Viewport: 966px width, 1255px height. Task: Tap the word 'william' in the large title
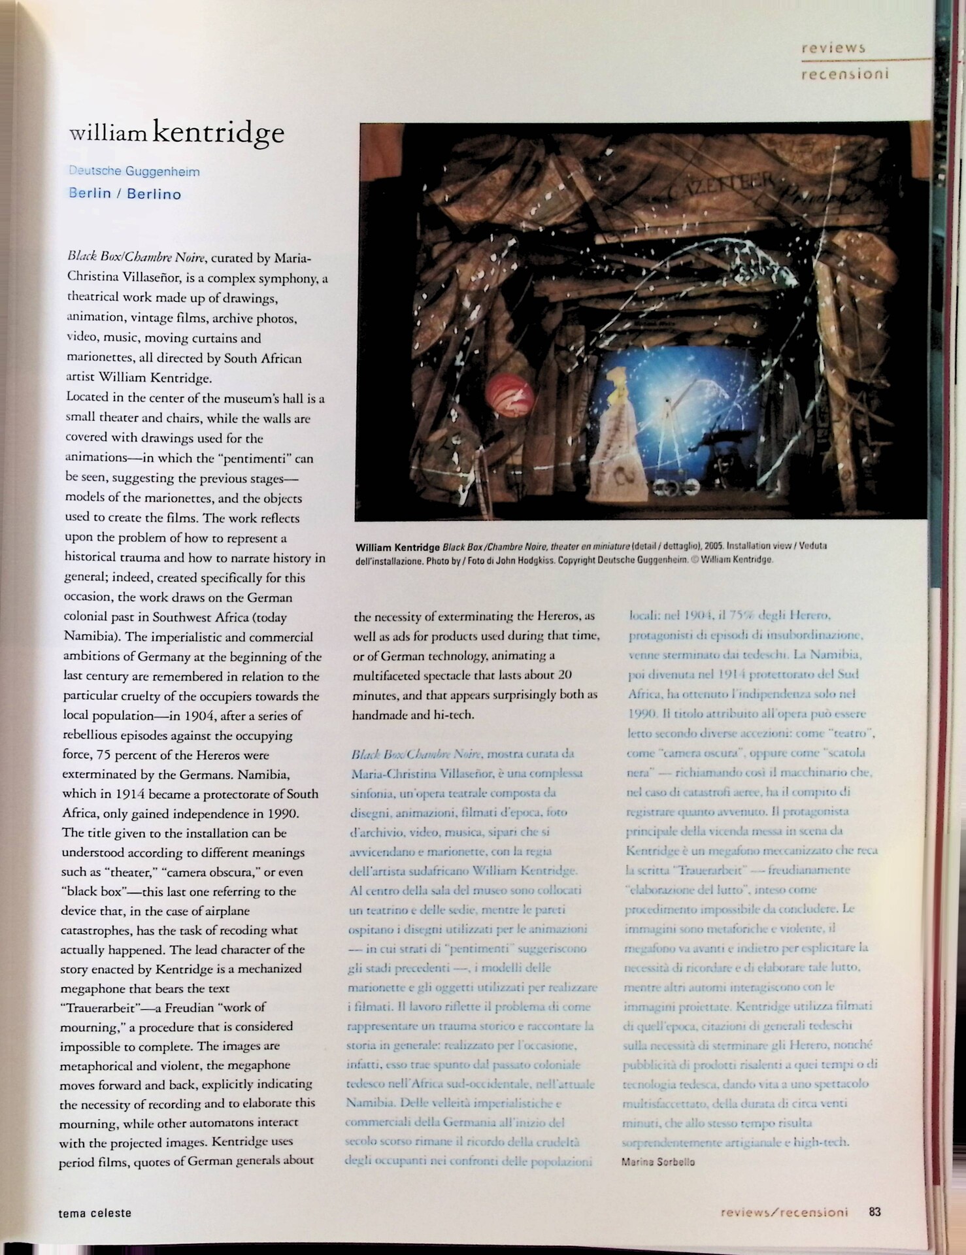tap(108, 134)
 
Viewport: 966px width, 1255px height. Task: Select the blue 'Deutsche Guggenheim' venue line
tap(134, 172)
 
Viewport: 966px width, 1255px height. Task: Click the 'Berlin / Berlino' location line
tap(125, 194)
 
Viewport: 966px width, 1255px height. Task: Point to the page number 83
tap(874, 1211)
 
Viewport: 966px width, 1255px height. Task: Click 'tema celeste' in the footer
tap(95, 1213)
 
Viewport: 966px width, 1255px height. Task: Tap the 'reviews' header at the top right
tap(833, 48)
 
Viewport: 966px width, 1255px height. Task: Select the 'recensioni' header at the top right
tap(844, 74)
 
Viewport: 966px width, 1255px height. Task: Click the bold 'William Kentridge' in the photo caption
tap(397, 547)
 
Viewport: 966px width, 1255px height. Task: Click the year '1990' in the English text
tap(282, 814)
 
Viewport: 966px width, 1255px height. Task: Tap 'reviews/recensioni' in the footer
tap(784, 1212)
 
